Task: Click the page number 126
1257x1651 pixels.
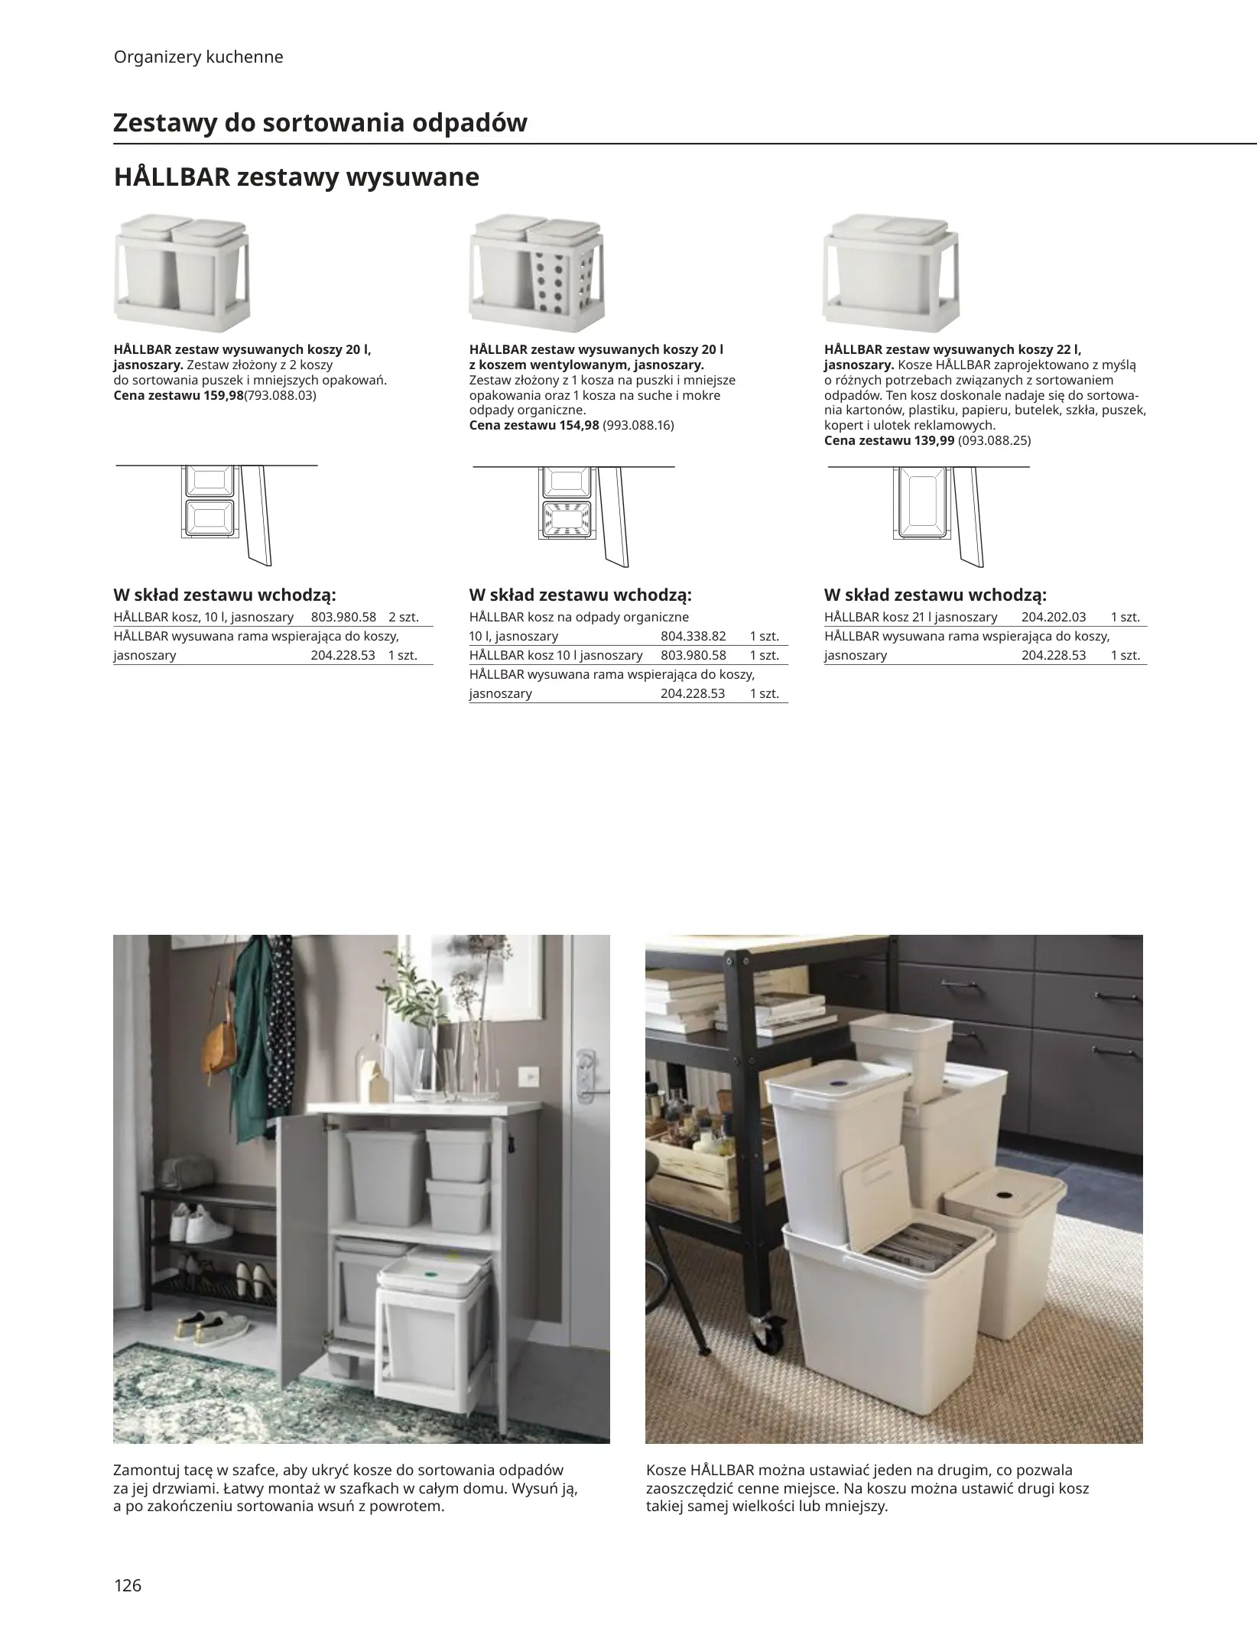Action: [x=128, y=1585]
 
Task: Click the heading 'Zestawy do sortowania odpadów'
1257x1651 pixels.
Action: [x=320, y=122]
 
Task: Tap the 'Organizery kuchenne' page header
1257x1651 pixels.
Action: [x=198, y=57]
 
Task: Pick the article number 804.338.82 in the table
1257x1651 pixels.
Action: [x=693, y=636]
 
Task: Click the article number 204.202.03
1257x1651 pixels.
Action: [x=1054, y=617]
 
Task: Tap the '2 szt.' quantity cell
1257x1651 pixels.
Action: [x=404, y=617]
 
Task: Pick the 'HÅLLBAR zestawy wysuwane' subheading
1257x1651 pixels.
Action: [x=297, y=177]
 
